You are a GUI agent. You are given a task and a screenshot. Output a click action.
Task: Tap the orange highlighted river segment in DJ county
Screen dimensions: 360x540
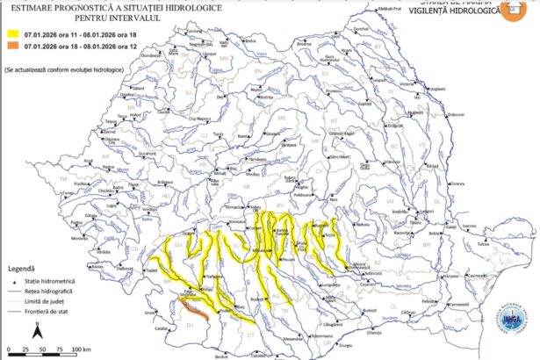pos(191,308)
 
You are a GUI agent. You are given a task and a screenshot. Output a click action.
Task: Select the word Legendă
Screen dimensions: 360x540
pos(21,268)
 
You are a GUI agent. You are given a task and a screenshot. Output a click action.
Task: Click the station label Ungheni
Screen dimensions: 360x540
pos(434,90)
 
